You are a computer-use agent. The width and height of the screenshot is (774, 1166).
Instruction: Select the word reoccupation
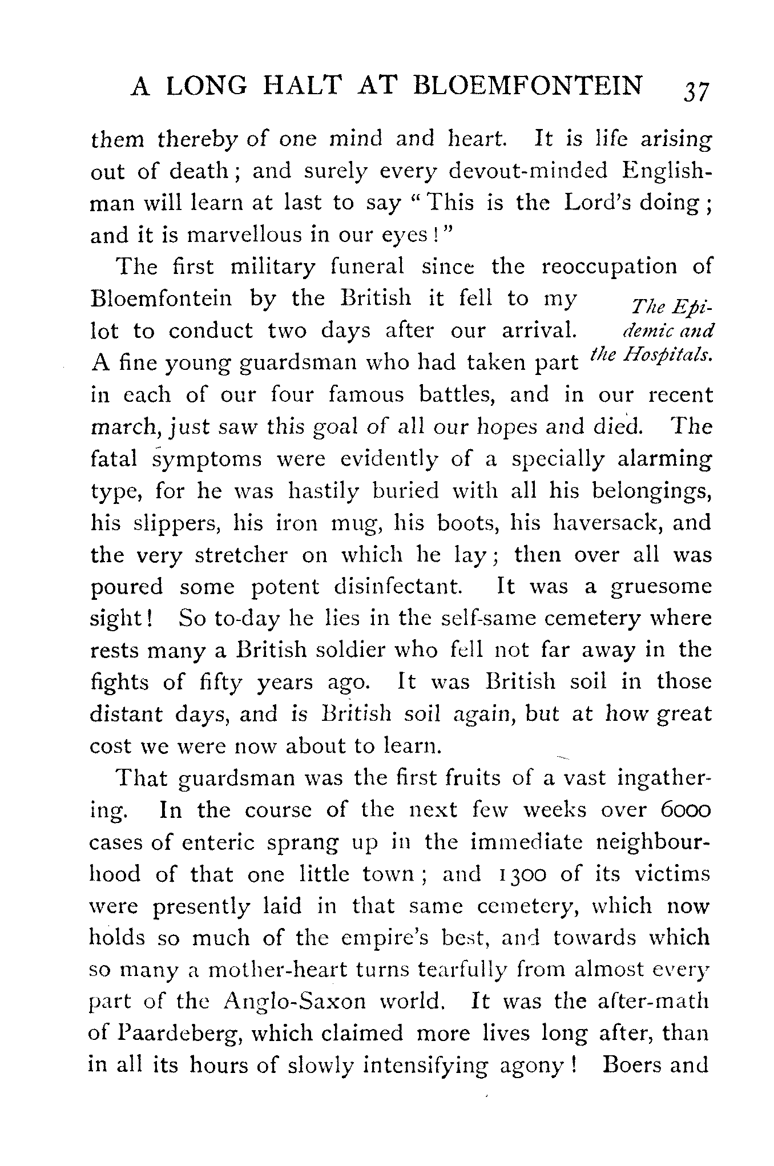click(609, 267)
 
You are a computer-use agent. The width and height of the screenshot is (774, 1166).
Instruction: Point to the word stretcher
click(241, 555)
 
